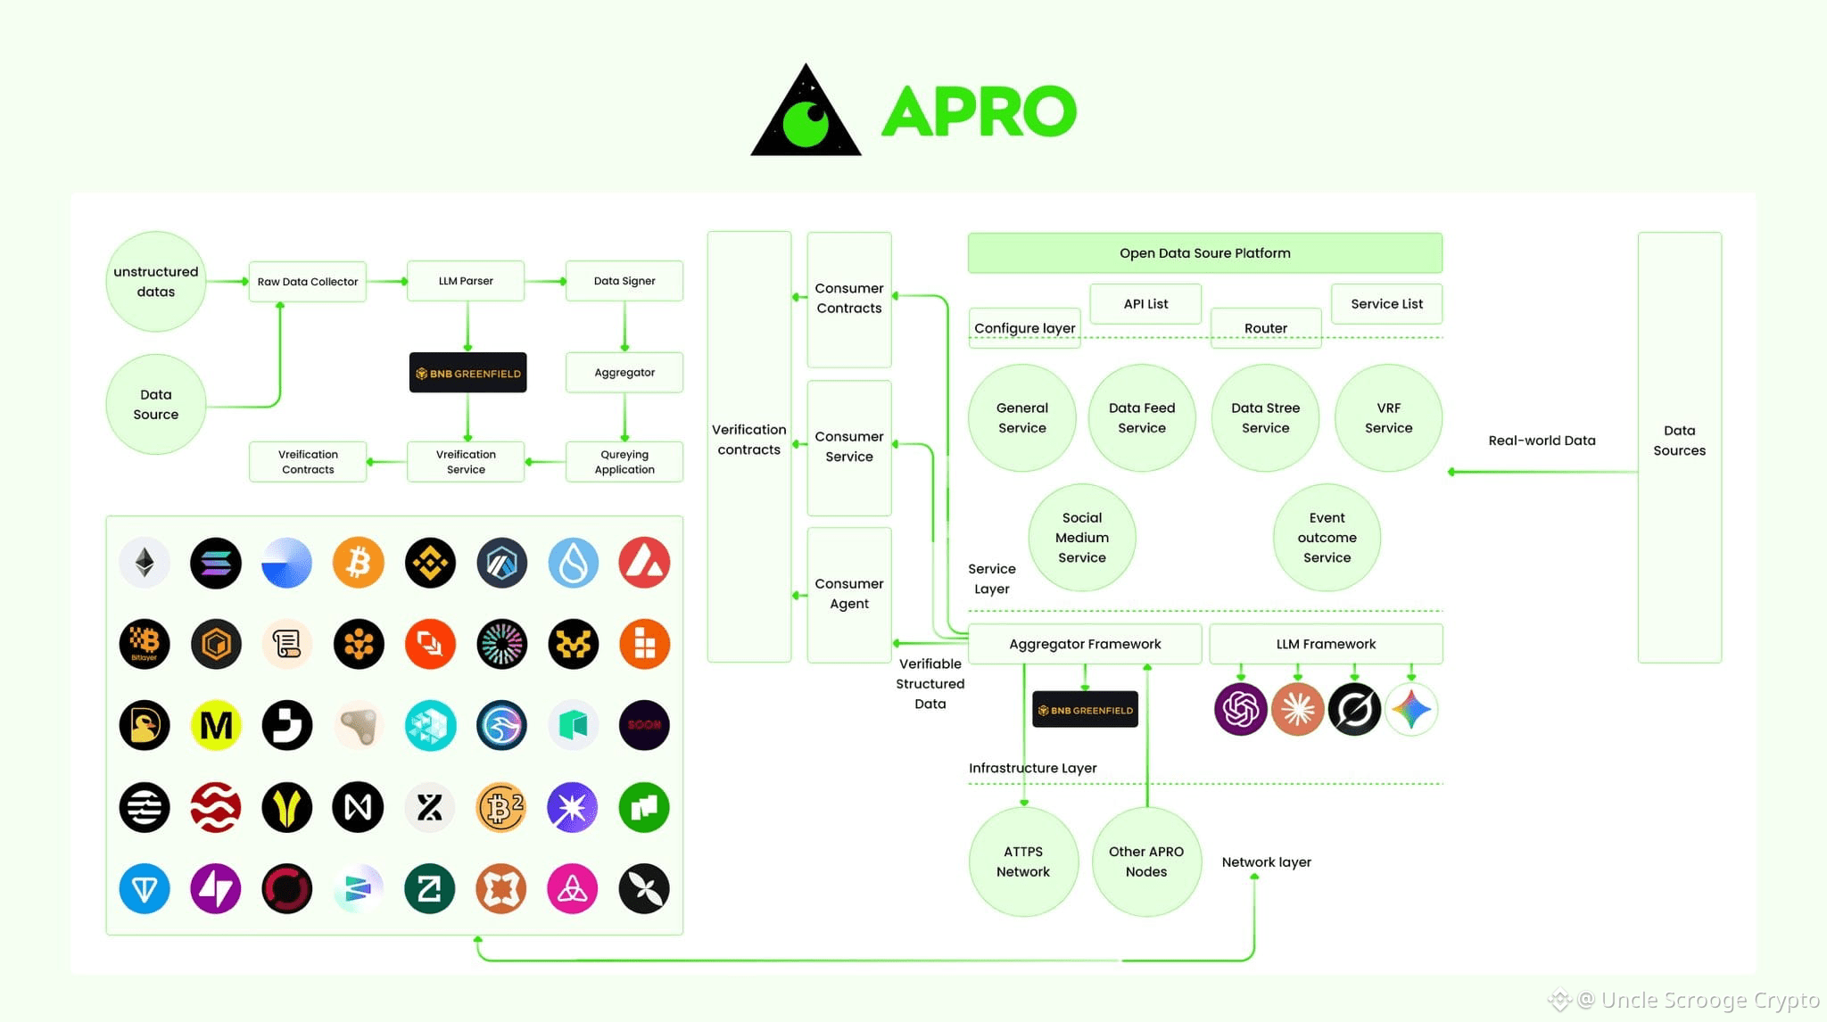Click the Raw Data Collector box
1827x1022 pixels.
point(307,281)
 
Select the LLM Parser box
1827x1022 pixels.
point(465,281)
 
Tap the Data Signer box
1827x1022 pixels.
point(624,281)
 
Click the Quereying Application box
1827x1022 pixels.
point(624,462)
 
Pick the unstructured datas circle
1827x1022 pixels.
point(156,282)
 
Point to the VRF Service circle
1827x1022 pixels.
point(1388,417)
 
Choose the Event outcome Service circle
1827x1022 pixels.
point(1327,537)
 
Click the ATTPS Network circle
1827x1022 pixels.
point(1022,861)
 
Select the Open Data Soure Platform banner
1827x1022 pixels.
point(1204,253)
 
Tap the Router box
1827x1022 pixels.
point(1265,328)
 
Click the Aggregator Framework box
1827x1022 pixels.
point(1084,644)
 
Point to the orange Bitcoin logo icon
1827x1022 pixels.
point(358,563)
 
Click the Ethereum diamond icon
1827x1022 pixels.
point(145,563)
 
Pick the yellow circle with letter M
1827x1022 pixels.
point(216,725)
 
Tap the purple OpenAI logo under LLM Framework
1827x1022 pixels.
point(1240,710)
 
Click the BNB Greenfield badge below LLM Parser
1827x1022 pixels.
point(467,373)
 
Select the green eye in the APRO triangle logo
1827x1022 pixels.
point(807,123)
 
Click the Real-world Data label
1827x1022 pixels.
point(1542,441)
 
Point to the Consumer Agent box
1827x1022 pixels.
point(848,594)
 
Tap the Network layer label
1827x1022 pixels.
point(1266,862)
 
